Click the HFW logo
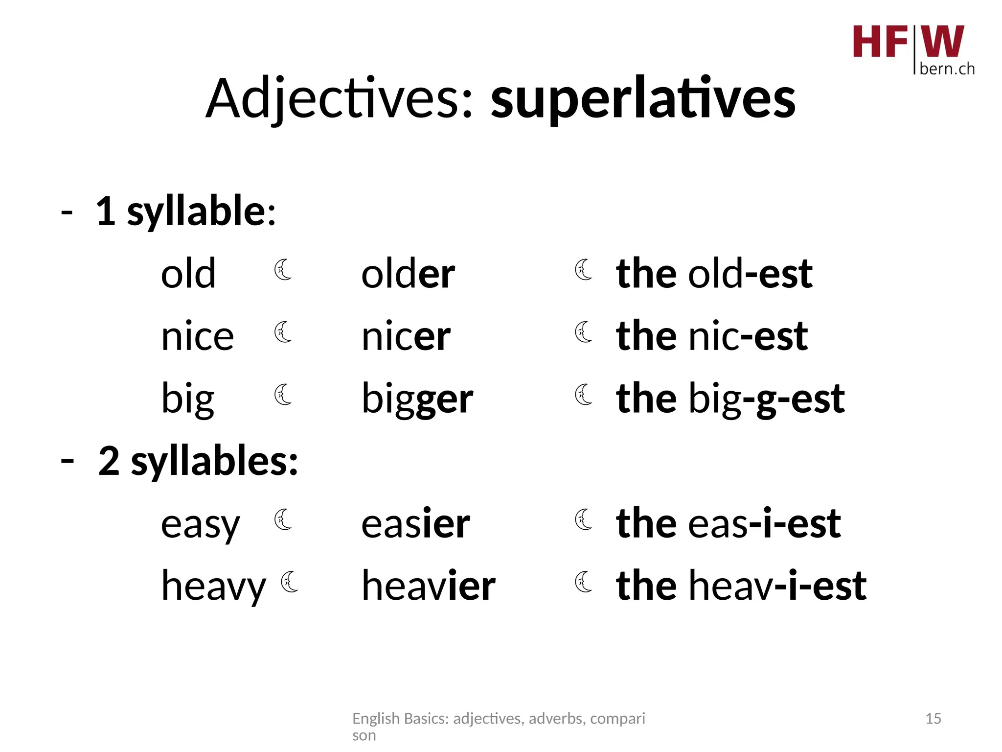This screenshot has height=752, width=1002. pyautogui.click(x=913, y=49)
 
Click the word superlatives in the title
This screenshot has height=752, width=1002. pyautogui.click(x=643, y=99)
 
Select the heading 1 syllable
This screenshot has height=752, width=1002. pyautogui.click(x=186, y=211)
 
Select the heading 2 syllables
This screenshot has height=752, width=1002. pyautogui.click(x=198, y=461)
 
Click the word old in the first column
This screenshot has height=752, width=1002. pyautogui.click(x=188, y=274)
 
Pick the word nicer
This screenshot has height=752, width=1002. pyautogui.click(x=406, y=336)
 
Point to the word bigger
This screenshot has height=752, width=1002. pyautogui.click(x=417, y=399)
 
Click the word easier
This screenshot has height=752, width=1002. pyautogui.click(x=415, y=524)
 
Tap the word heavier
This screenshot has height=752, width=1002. pyautogui.click(x=428, y=586)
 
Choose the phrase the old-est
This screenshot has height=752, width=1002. pyautogui.click(x=714, y=274)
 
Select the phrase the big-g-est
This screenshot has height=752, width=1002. pyautogui.click(x=730, y=399)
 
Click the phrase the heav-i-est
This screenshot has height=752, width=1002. pyautogui.click(x=741, y=586)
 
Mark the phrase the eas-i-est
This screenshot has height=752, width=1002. pyautogui.click(x=728, y=524)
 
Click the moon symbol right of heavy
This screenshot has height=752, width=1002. pyautogui.click(x=290, y=582)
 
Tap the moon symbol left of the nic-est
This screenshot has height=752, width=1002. pyautogui.click(x=584, y=332)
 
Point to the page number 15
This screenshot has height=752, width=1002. pyautogui.click(x=933, y=719)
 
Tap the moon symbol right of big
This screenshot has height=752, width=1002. pyautogui.click(x=283, y=395)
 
